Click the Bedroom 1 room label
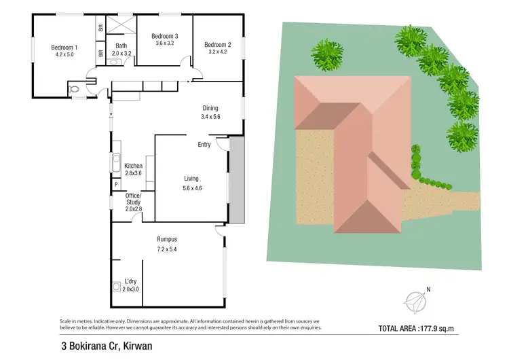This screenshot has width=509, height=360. point(64,47)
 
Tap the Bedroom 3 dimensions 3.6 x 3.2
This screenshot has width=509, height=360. point(165,43)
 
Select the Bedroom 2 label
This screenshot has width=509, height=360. point(218,45)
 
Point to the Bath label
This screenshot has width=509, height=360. point(121,46)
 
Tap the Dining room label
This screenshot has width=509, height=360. point(210,108)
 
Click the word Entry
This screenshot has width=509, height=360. point(204,144)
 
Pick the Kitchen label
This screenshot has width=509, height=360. point(133,166)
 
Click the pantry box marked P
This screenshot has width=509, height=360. point(116,184)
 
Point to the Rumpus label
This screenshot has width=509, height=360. point(167,239)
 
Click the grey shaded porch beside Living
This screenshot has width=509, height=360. point(236,179)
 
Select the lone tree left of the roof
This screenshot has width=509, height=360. point(328,52)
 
